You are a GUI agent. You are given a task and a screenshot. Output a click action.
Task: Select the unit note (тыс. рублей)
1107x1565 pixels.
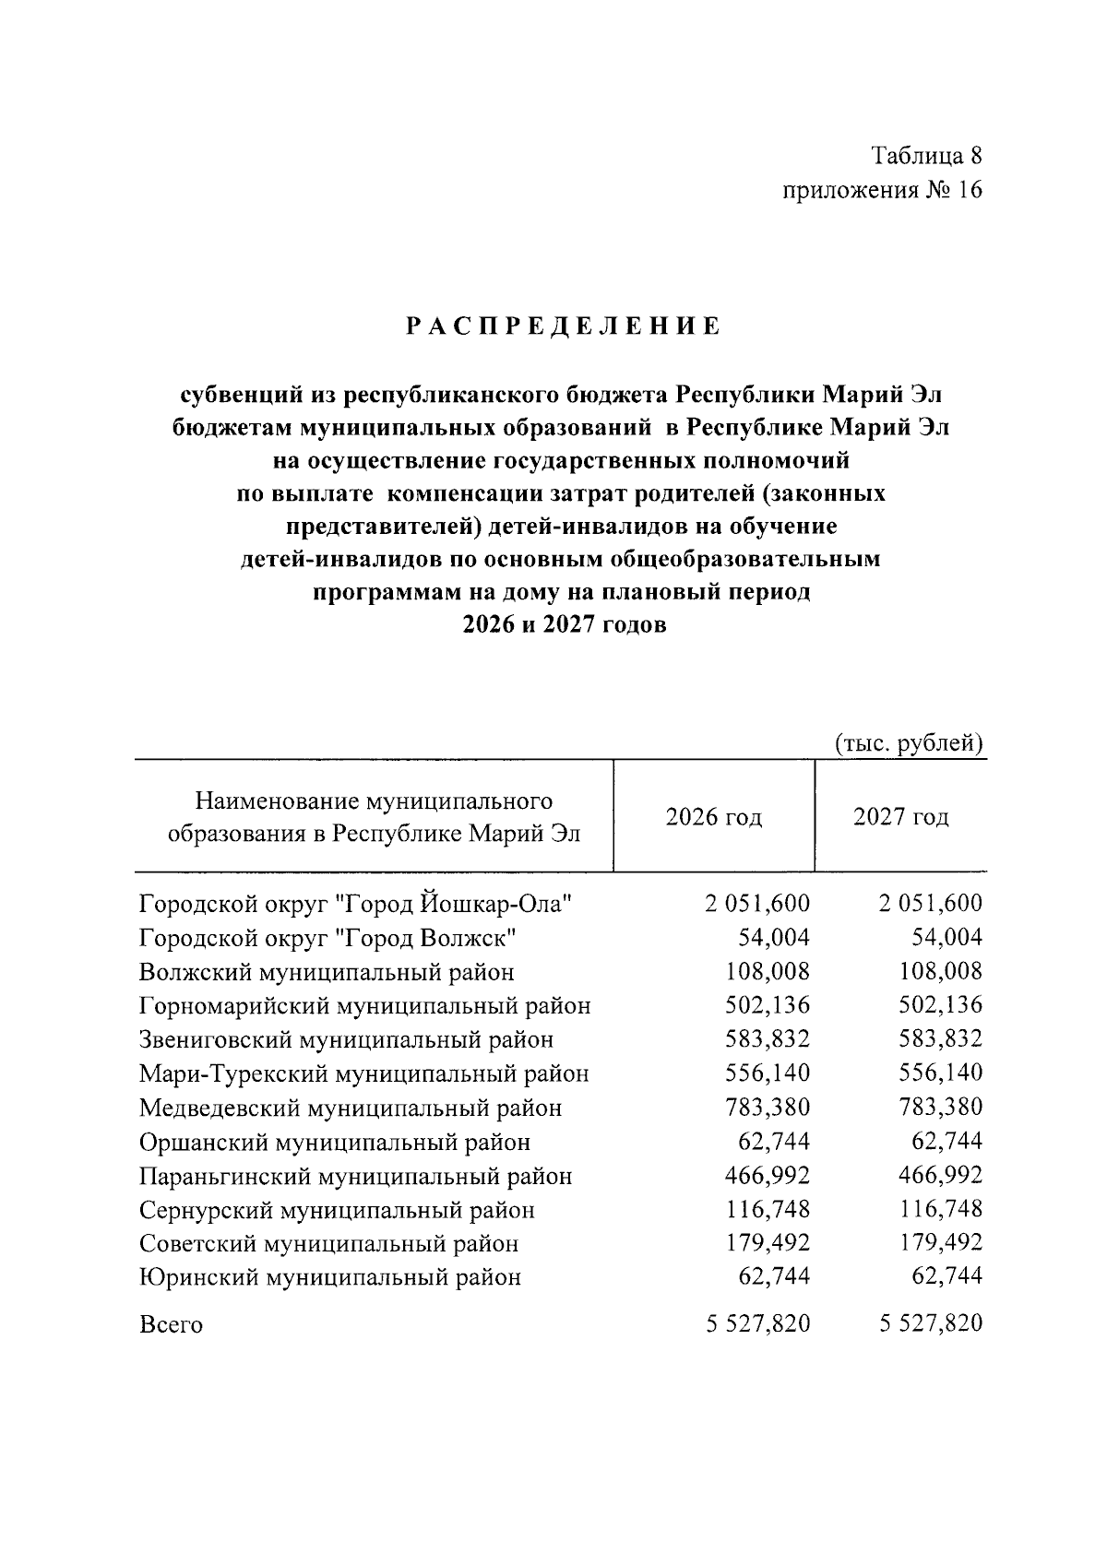pyautogui.click(x=909, y=743)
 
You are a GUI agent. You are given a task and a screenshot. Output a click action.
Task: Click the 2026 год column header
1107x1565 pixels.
pyautogui.click(x=714, y=817)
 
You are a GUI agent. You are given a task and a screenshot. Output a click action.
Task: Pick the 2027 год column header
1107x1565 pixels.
pyautogui.click(x=900, y=817)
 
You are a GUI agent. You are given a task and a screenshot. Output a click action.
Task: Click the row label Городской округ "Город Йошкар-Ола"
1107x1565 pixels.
pyautogui.click(x=356, y=904)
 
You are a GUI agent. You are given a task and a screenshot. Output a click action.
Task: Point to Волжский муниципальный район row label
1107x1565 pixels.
pyautogui.click(x=327, y=972)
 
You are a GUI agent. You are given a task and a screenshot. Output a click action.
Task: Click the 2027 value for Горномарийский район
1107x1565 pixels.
pyautogui.click(x=941, y=1005)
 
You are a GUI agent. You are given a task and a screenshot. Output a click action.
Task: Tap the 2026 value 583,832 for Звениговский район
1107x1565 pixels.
pyautogui.click(x=768, y=1039)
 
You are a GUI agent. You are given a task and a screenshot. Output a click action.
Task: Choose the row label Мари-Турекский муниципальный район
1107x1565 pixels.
pyautogui.click(x=363, y=1073)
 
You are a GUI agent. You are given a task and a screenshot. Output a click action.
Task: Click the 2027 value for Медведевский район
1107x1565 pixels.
pyautogui.click(x=941, y=1107)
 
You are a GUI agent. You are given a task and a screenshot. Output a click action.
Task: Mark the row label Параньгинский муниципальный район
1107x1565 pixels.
pyautogui.click(x=355, y=1177)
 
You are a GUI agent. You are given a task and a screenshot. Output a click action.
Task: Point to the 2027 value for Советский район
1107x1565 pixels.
pyautogui.click(x=941, y=1243)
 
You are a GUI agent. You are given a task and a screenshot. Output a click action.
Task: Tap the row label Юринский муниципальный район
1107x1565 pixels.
pyautogui.click(x=329, y=1277)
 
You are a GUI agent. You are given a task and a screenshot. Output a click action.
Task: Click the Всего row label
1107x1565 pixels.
pyautogui.click(x=171, y=1325)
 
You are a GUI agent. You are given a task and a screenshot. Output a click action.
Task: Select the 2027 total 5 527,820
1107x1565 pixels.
pyautogui.click(x=931, y=1324)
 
